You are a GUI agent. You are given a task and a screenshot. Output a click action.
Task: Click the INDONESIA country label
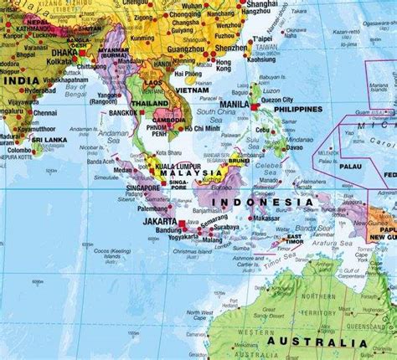point(261,202)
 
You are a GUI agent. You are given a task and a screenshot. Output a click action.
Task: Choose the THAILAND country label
point(150,103)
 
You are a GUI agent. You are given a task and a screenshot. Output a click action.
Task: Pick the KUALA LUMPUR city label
point(173,166)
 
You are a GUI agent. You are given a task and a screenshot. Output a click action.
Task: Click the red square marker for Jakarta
point(183,224)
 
